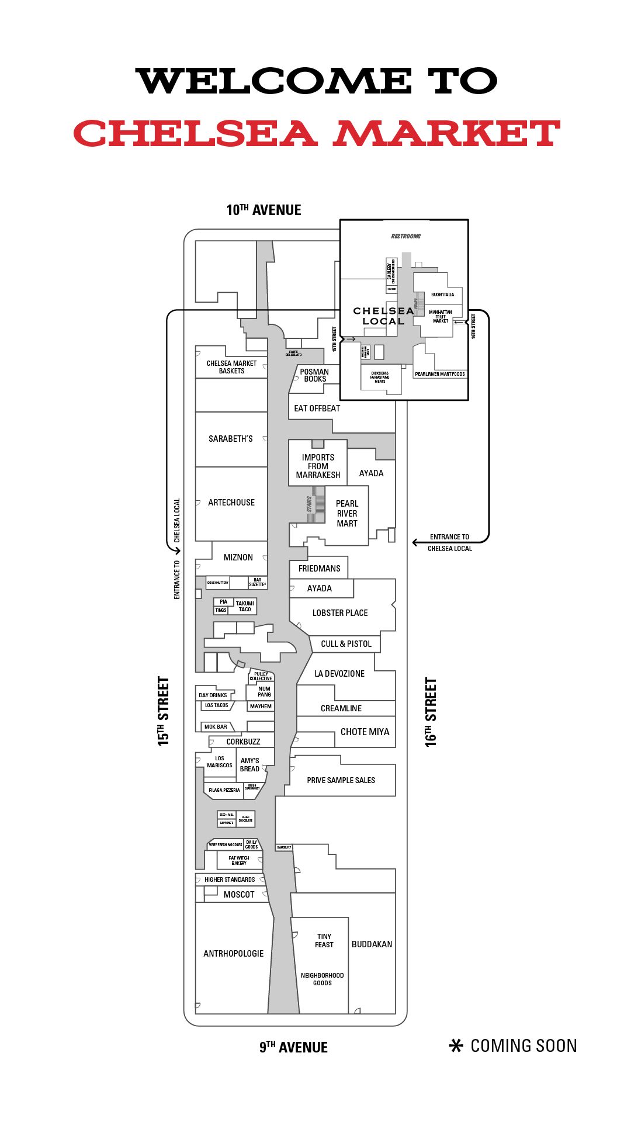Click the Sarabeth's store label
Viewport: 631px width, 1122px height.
231,439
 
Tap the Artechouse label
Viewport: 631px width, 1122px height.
231,503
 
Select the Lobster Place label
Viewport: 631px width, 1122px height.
340,613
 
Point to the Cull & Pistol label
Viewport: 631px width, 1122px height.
346,644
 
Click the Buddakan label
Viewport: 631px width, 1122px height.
372,944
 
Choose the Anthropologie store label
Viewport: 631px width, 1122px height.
233,954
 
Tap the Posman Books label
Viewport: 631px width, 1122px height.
314,375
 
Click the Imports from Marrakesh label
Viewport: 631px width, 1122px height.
318,466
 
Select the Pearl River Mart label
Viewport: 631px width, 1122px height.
347,514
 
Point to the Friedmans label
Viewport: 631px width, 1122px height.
319,569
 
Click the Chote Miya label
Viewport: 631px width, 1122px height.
365,732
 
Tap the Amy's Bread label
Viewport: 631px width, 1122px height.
249,765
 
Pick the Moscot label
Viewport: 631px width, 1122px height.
239,895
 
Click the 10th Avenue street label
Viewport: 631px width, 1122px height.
264,210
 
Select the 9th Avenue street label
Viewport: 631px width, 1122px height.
293,1047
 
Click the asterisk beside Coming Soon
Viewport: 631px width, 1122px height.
456,1046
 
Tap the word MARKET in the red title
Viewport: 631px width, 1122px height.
446,134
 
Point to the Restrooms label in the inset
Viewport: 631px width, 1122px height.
405,237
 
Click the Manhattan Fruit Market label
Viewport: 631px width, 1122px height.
441,317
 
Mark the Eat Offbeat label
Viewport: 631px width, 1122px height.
317,408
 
